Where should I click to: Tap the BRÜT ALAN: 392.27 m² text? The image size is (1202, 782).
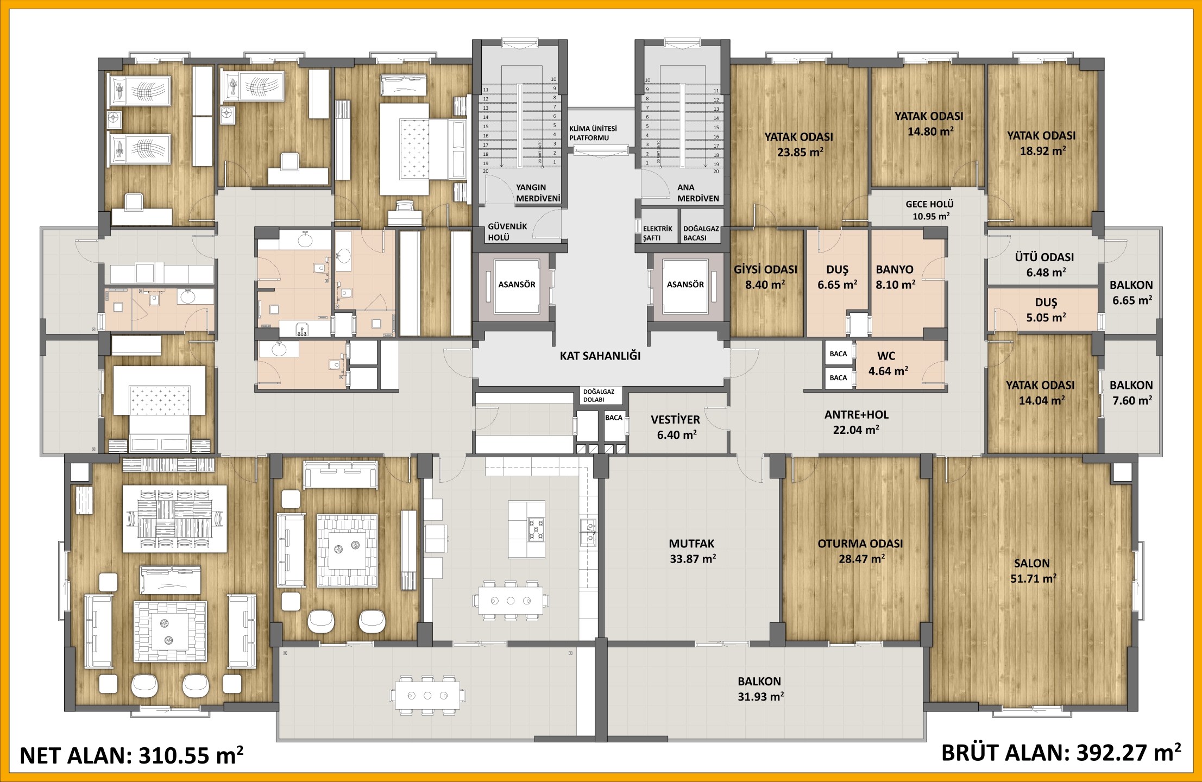(x=1061, y=753)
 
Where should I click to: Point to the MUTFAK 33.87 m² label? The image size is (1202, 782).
(x=692, y=551)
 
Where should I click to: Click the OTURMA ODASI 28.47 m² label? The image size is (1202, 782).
(x=860, y=551)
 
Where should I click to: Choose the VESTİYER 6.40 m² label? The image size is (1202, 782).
(x=676, y=427)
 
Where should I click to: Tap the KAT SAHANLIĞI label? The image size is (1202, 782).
(x=600, y=356)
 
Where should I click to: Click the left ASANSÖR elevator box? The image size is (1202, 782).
(x=517, y=285)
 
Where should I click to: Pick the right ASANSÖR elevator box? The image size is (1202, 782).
(x=685, y=285)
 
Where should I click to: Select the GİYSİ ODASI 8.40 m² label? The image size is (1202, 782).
(x=765, y=277)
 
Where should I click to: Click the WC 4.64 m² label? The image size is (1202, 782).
(x=888, y=364)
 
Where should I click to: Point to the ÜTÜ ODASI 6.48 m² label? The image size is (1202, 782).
(x=1044, y=264)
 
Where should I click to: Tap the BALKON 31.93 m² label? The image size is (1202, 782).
(x=760, y=689)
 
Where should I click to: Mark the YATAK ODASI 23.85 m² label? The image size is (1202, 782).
(x=799, y=144)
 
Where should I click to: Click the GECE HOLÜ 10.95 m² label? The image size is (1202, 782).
(x=930, y=210)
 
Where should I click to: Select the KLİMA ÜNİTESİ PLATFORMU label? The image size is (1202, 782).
(x=593, y=133)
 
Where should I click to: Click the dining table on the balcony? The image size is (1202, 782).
(x=427, y=696)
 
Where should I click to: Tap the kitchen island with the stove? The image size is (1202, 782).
(x=526, y=529)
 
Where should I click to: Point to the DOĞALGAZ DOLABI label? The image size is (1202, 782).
(x=599, y=395)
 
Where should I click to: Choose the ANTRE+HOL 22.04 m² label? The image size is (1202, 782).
(x=857, y=422)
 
